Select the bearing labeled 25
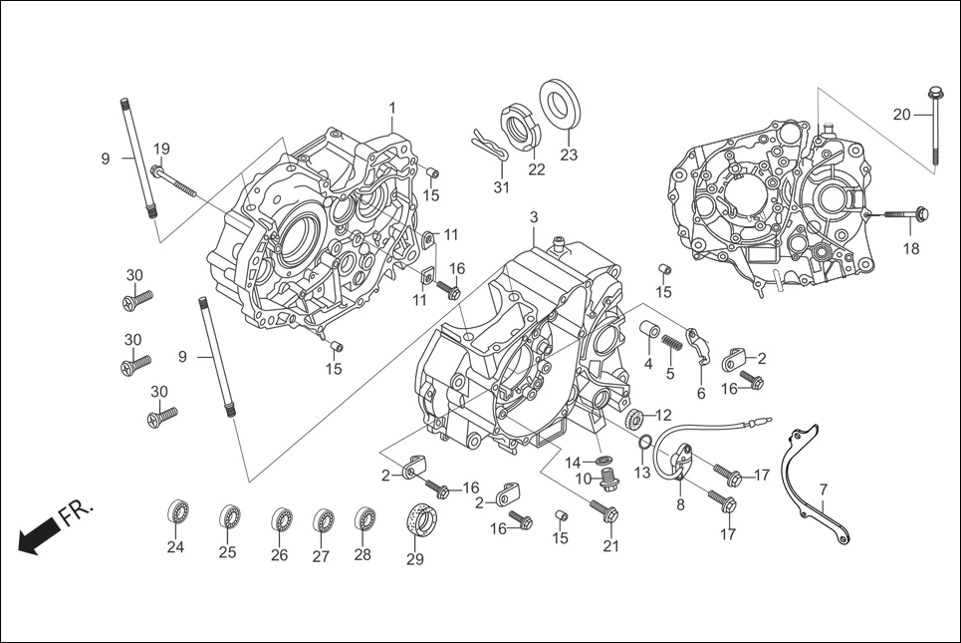pos(229,517)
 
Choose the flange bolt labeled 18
pos(904,214)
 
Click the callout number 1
pos(392,107)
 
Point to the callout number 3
pos(533,216)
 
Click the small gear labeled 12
pos(636,419)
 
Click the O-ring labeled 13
pos(645,443)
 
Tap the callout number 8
pos(680,504)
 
